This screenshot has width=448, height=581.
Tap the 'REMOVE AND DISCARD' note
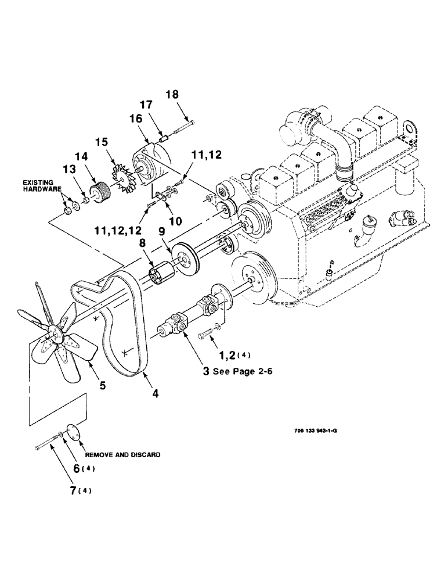click(x=122, y=455)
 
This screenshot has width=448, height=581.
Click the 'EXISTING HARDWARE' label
click(x=38, y=186)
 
